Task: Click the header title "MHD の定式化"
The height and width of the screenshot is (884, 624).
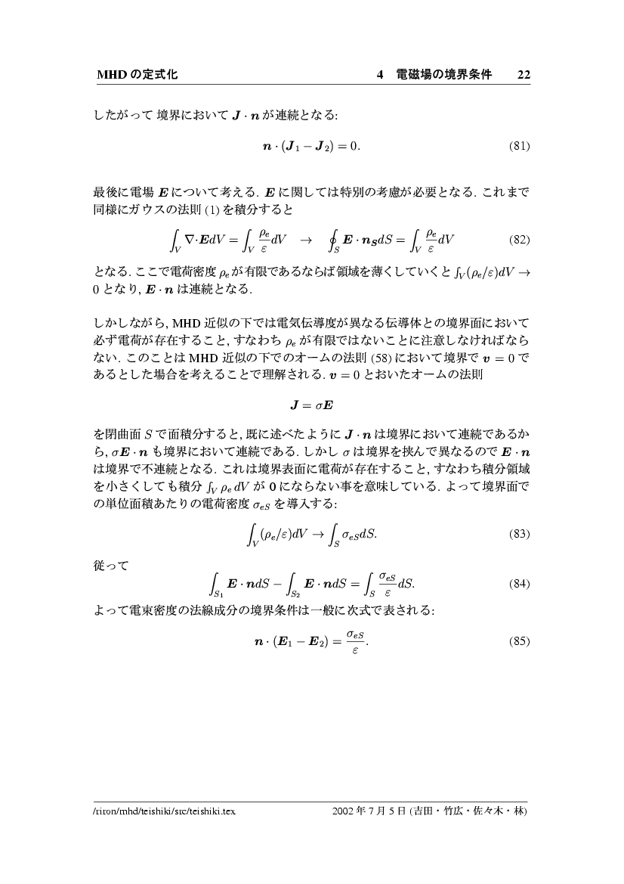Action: [137, 74]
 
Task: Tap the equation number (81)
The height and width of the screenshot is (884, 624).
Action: [520, 145]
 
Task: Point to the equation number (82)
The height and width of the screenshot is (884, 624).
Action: [520, 240]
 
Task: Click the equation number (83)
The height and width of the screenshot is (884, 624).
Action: [520, 534]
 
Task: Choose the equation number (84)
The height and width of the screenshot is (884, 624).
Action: [520, 584]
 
